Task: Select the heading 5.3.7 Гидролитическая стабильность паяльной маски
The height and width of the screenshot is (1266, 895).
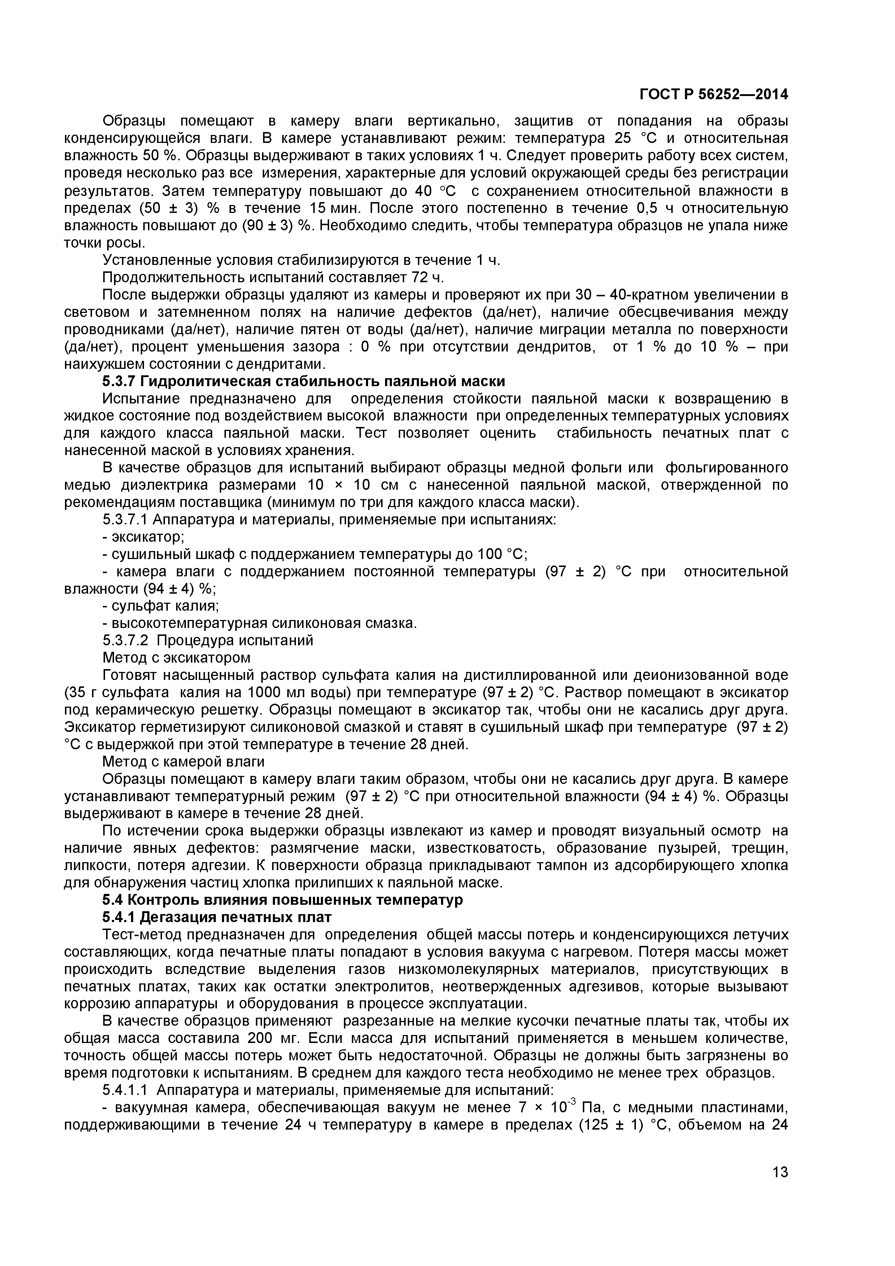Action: click(304, 381)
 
